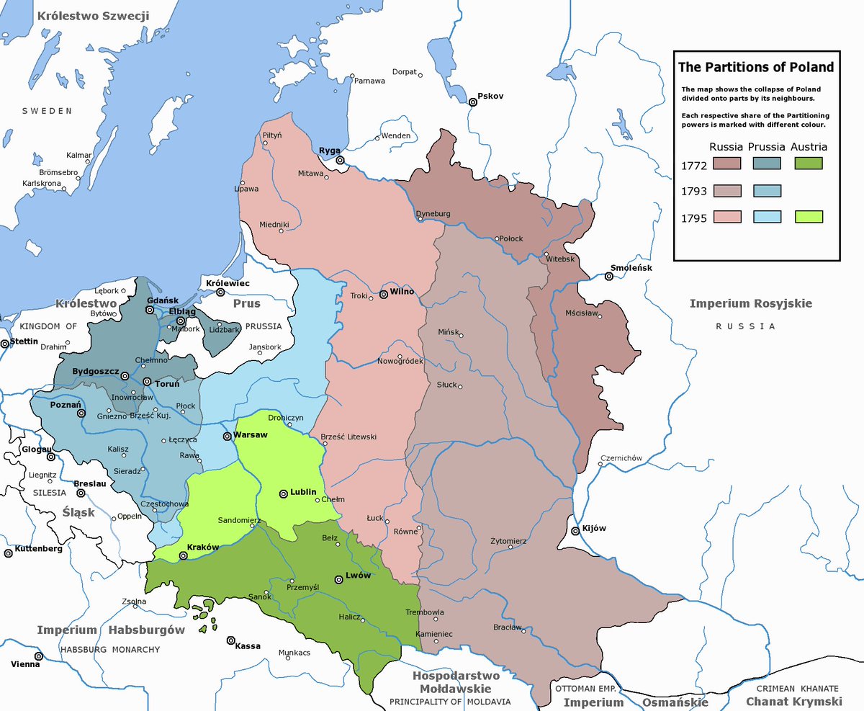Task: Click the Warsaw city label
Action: (251, 436)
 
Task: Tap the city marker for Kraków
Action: (183, 555)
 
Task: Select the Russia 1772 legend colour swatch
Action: (727, 164)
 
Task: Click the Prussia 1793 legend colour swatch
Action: (768, 191)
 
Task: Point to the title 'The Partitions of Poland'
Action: (755, 67)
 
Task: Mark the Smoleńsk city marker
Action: (609, 277)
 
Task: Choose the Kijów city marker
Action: (575, 532)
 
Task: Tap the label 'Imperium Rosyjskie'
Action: (750, 303)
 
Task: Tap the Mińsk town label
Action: (448, 331)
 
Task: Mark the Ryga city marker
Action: (340, 161)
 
